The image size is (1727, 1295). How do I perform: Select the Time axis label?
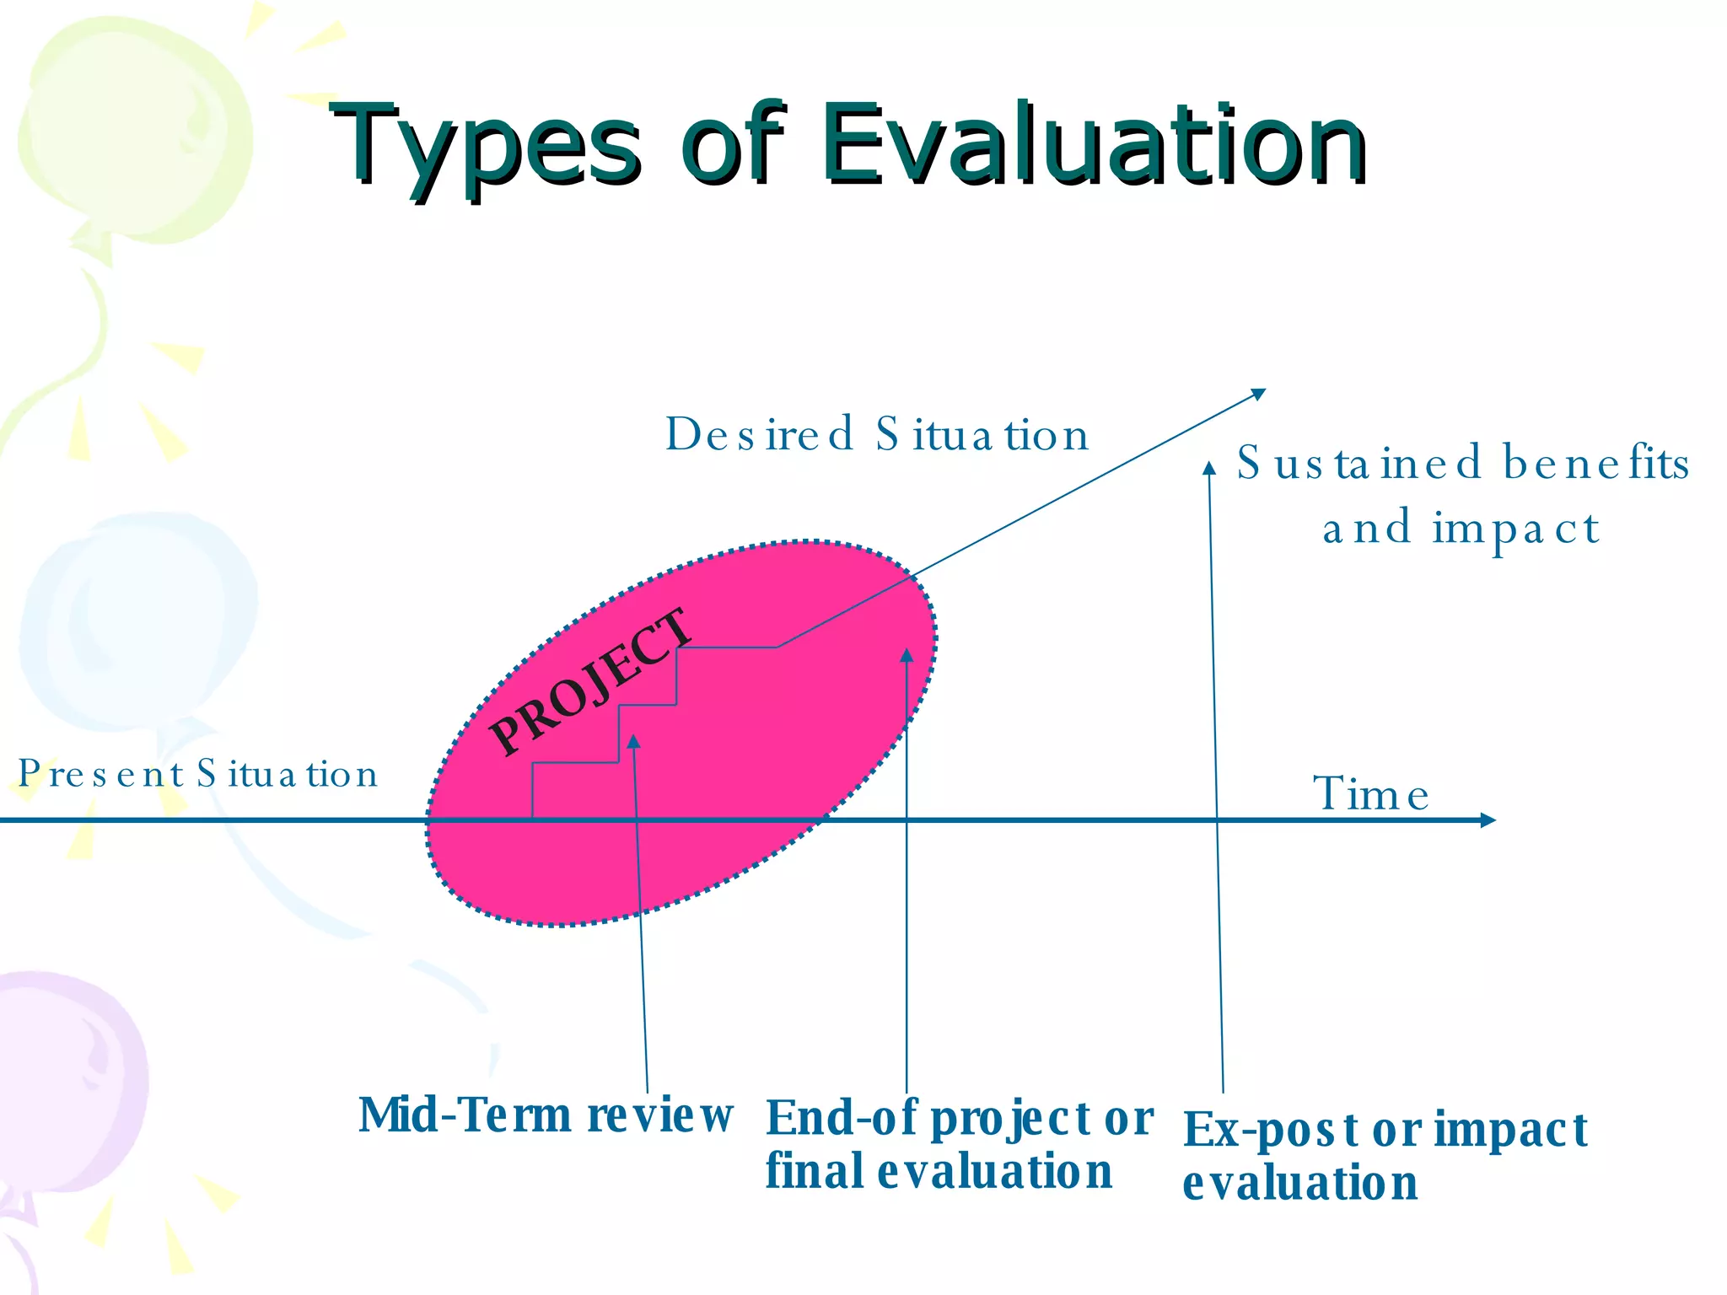[1371, 794]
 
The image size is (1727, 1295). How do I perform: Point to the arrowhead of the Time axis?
[1488, 819]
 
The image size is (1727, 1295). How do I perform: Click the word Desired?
[760, 435]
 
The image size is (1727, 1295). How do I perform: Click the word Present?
[101, 774]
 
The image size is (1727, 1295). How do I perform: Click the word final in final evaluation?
[814, 1172]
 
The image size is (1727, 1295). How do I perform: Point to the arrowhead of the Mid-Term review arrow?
[633, 740]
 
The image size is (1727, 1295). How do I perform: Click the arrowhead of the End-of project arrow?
[907, 654]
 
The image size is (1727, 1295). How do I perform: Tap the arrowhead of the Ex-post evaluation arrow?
[1209, 468]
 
